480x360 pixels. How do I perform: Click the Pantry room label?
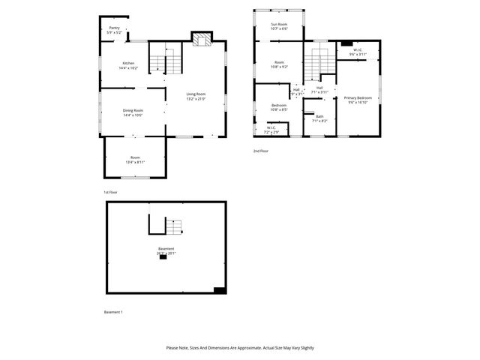114,28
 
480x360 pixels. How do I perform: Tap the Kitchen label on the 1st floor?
128,63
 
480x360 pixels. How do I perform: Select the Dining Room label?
133,111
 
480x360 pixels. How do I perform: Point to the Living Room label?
196,94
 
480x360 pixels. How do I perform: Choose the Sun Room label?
279,24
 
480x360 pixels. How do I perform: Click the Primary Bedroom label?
358,98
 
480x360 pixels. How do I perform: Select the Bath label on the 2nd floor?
319,116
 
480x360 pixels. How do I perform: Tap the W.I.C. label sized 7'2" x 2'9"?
271,127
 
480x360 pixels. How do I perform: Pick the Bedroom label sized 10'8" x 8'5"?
279,106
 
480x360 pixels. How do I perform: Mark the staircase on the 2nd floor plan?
319,60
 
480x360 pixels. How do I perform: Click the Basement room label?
166,249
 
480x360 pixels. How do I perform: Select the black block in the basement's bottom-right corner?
219,290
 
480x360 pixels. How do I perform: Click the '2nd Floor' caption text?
261,151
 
